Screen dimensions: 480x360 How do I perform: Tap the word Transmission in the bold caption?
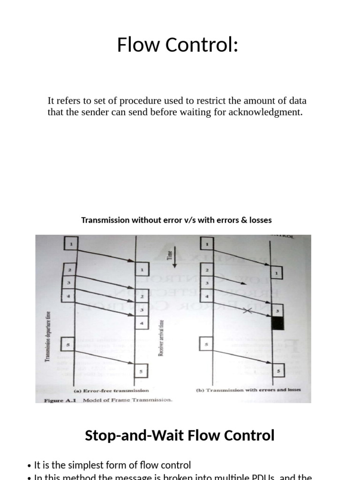(105, 220)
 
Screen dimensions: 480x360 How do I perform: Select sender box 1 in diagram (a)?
(71, 244)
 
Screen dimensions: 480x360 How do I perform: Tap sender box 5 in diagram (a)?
(68, 345)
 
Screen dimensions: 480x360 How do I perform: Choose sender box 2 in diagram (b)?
(207, 270)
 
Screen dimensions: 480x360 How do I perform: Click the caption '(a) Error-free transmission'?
(112, 390)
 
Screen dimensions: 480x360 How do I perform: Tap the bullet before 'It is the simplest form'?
(30, 465)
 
